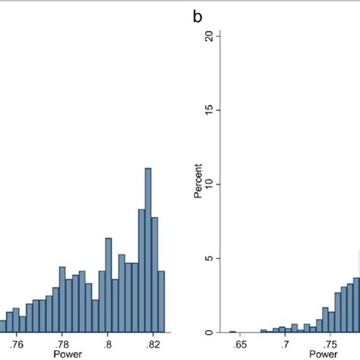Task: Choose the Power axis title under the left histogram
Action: [x=74, y=354]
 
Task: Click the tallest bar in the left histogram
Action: [x=148, y=251]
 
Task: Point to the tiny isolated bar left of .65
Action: [x=232, y=331]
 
